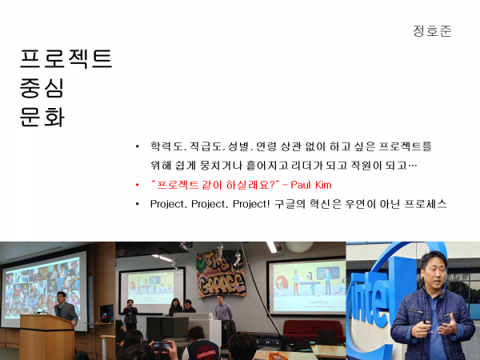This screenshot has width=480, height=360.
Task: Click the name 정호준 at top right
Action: (432, 31)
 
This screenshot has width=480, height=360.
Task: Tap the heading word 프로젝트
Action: (66, 58)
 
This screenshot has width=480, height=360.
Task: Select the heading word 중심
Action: (42, 88)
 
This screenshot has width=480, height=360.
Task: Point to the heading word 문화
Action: (42, 117)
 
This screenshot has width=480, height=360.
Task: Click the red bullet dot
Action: (137, 185)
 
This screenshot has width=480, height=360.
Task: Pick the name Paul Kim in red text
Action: (311, 185)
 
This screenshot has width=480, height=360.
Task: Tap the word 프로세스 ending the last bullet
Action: (426, 204)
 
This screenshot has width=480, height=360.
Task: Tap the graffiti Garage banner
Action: (221, 274)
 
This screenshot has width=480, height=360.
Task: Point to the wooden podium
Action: (46, 337)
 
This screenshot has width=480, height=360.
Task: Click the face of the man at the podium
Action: (62, 298)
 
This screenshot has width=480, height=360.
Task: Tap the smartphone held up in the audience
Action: (162, 346)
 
